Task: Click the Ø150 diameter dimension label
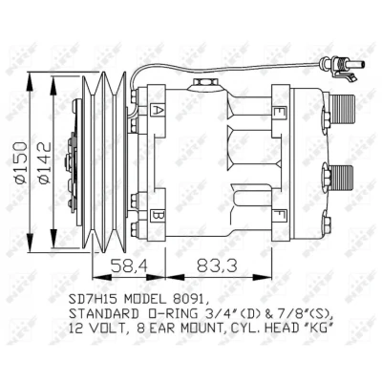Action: click(x=21, y=162)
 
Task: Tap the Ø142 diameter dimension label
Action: click(x=44, y=162)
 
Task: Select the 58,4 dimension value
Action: click(x=129, y=265)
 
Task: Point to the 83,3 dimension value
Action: click(x=217, y=265)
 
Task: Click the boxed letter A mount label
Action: click(x=157, y=110)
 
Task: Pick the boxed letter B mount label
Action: click(x=157, y=216)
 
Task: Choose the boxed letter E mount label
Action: click(x=277, y=112)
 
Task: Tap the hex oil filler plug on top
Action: click(x=203, y=84)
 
